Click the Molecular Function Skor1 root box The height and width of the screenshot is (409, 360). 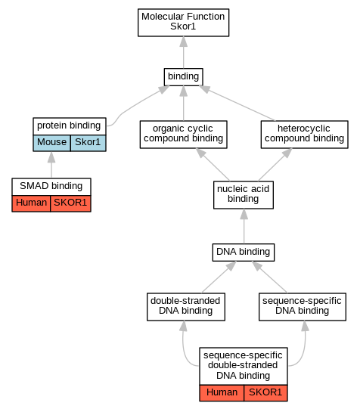pyautogui.click(x=183, y=23)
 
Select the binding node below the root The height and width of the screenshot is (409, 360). pyautogui.click(x=183, y=77)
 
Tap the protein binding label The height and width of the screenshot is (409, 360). pyautogui.click(x=69, y=125)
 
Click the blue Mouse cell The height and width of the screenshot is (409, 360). pyautogui.click(x=51, y=143)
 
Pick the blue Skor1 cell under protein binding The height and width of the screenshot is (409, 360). pyautogui.click(x=88, y=143)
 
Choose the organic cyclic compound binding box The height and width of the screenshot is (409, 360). pyautogui.click(x=183, y=135)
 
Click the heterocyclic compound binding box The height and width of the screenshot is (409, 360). pyautogui.click(x=305, y=135)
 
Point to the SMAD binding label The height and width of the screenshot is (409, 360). pyautogui.click(x=51, y=186)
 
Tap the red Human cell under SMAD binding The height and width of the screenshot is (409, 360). pyautogui.click(x=31, y=203)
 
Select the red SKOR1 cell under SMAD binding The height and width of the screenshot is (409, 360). pyautogui.click(x=70, y=203)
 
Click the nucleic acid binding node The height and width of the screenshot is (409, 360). pyautogui.click(x=244, y=195)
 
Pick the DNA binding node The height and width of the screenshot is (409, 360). pyautogui.click(x=244, y=253)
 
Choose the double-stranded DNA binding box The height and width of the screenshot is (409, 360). pyautogui.click(x=186, y=307)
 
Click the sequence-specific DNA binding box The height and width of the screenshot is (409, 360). pyautogui.click(x=303, y=307)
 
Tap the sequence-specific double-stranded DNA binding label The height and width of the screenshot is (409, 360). pyautogui.click(x=243, y=365)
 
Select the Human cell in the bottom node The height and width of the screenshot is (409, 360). pyautogui.click(x=222, y=393)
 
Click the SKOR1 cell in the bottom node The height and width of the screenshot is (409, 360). pyautogui.click(x=265, y=393)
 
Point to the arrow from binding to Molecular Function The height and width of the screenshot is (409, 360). pyautogui.click(x=183, y=52)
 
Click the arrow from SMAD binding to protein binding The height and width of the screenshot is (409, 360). pyautogui.click(x=51, y=165)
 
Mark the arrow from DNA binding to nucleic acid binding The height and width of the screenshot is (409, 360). pyautogui.click(x=244, y=226)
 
